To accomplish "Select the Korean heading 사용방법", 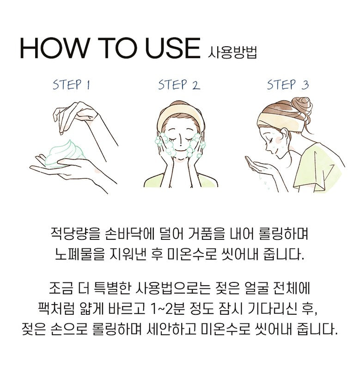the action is tap(232, 52).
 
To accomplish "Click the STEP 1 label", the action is tap(72, 85).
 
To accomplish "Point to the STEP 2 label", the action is tap(179, 85).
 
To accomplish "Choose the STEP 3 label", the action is tap(288, 85).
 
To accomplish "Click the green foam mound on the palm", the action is tap(65, 153).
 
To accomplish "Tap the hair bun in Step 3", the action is tap(302, 106).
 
